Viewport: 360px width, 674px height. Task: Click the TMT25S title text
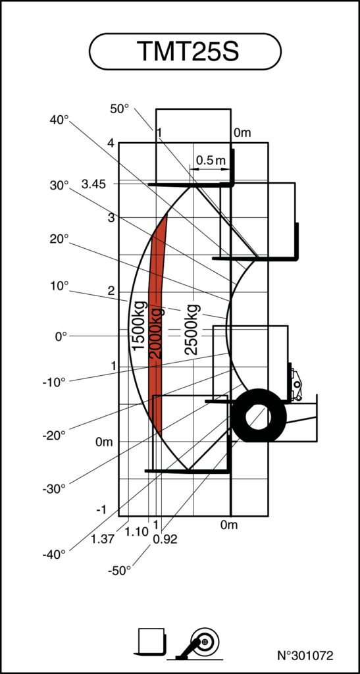click(185, 52)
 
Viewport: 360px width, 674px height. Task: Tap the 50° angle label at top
click(120, 109)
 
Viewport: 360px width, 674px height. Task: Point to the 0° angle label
click(61, 336)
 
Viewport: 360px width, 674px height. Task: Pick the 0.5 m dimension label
click(211, 161)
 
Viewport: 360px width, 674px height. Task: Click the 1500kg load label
click(138, 325)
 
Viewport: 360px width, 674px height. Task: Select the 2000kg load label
click(156, 333)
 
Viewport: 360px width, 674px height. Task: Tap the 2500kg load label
click(192, 329)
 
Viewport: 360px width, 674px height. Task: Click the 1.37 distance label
click(103, 539)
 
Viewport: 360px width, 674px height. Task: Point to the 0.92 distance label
click(165, 539)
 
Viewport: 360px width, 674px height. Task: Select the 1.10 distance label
click(136, 531)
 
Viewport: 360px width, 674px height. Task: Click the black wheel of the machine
click(258, 416)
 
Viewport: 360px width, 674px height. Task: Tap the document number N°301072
click(305, 656)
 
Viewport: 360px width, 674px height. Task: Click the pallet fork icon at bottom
click(153, 641)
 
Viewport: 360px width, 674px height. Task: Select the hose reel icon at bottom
click(201, 642)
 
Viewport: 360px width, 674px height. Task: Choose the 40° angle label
click(59, 120)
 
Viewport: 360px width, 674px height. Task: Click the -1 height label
click(101, 510)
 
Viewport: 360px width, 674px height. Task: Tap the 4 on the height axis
click(111, 143)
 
